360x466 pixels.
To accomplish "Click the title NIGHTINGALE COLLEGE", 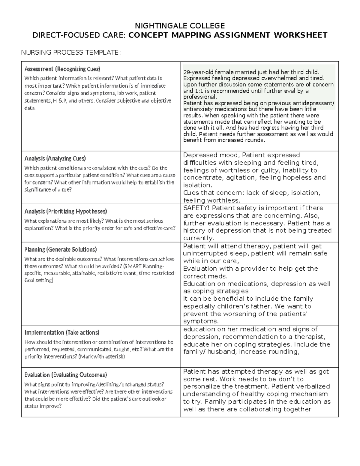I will (x=180, y=26).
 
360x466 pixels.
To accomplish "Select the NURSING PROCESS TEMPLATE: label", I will (x=71, y=53).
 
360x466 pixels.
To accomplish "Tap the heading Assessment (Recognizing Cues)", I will (x=62, y=69).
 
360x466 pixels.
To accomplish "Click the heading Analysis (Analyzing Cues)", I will (x=55, y=158).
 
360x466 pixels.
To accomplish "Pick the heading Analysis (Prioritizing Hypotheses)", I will (x=65, y=212).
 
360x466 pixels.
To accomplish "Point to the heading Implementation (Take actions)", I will (x=62, y=333).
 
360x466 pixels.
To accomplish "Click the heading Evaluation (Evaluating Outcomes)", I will (x=65, y=375).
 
